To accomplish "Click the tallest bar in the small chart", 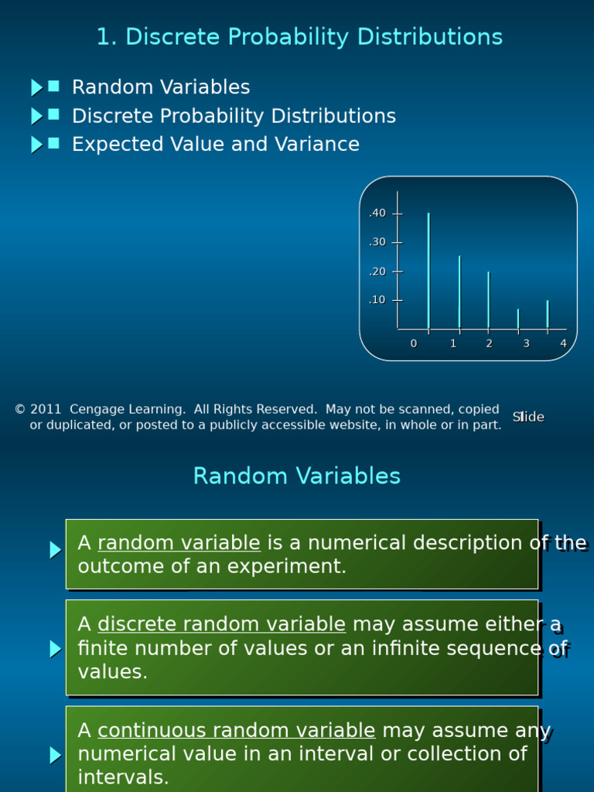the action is point(428,271).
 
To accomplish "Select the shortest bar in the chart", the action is point(518,319).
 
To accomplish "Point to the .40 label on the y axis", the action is point(377,213).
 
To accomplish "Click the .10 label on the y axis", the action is point(377,300).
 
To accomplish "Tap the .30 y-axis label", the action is point(377,242).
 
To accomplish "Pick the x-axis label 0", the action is point(414,343).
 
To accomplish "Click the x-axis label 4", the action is point(564,343).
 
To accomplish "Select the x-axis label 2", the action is point(489,343).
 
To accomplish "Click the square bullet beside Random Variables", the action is point(53,87).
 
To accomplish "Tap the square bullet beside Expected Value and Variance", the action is point(53,144).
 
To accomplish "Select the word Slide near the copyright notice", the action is point(528,417).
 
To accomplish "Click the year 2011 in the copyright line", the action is point(46,409).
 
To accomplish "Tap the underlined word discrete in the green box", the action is point(137,624).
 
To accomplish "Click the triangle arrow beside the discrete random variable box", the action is point(56,649).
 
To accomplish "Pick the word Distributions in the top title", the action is point(430,36).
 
